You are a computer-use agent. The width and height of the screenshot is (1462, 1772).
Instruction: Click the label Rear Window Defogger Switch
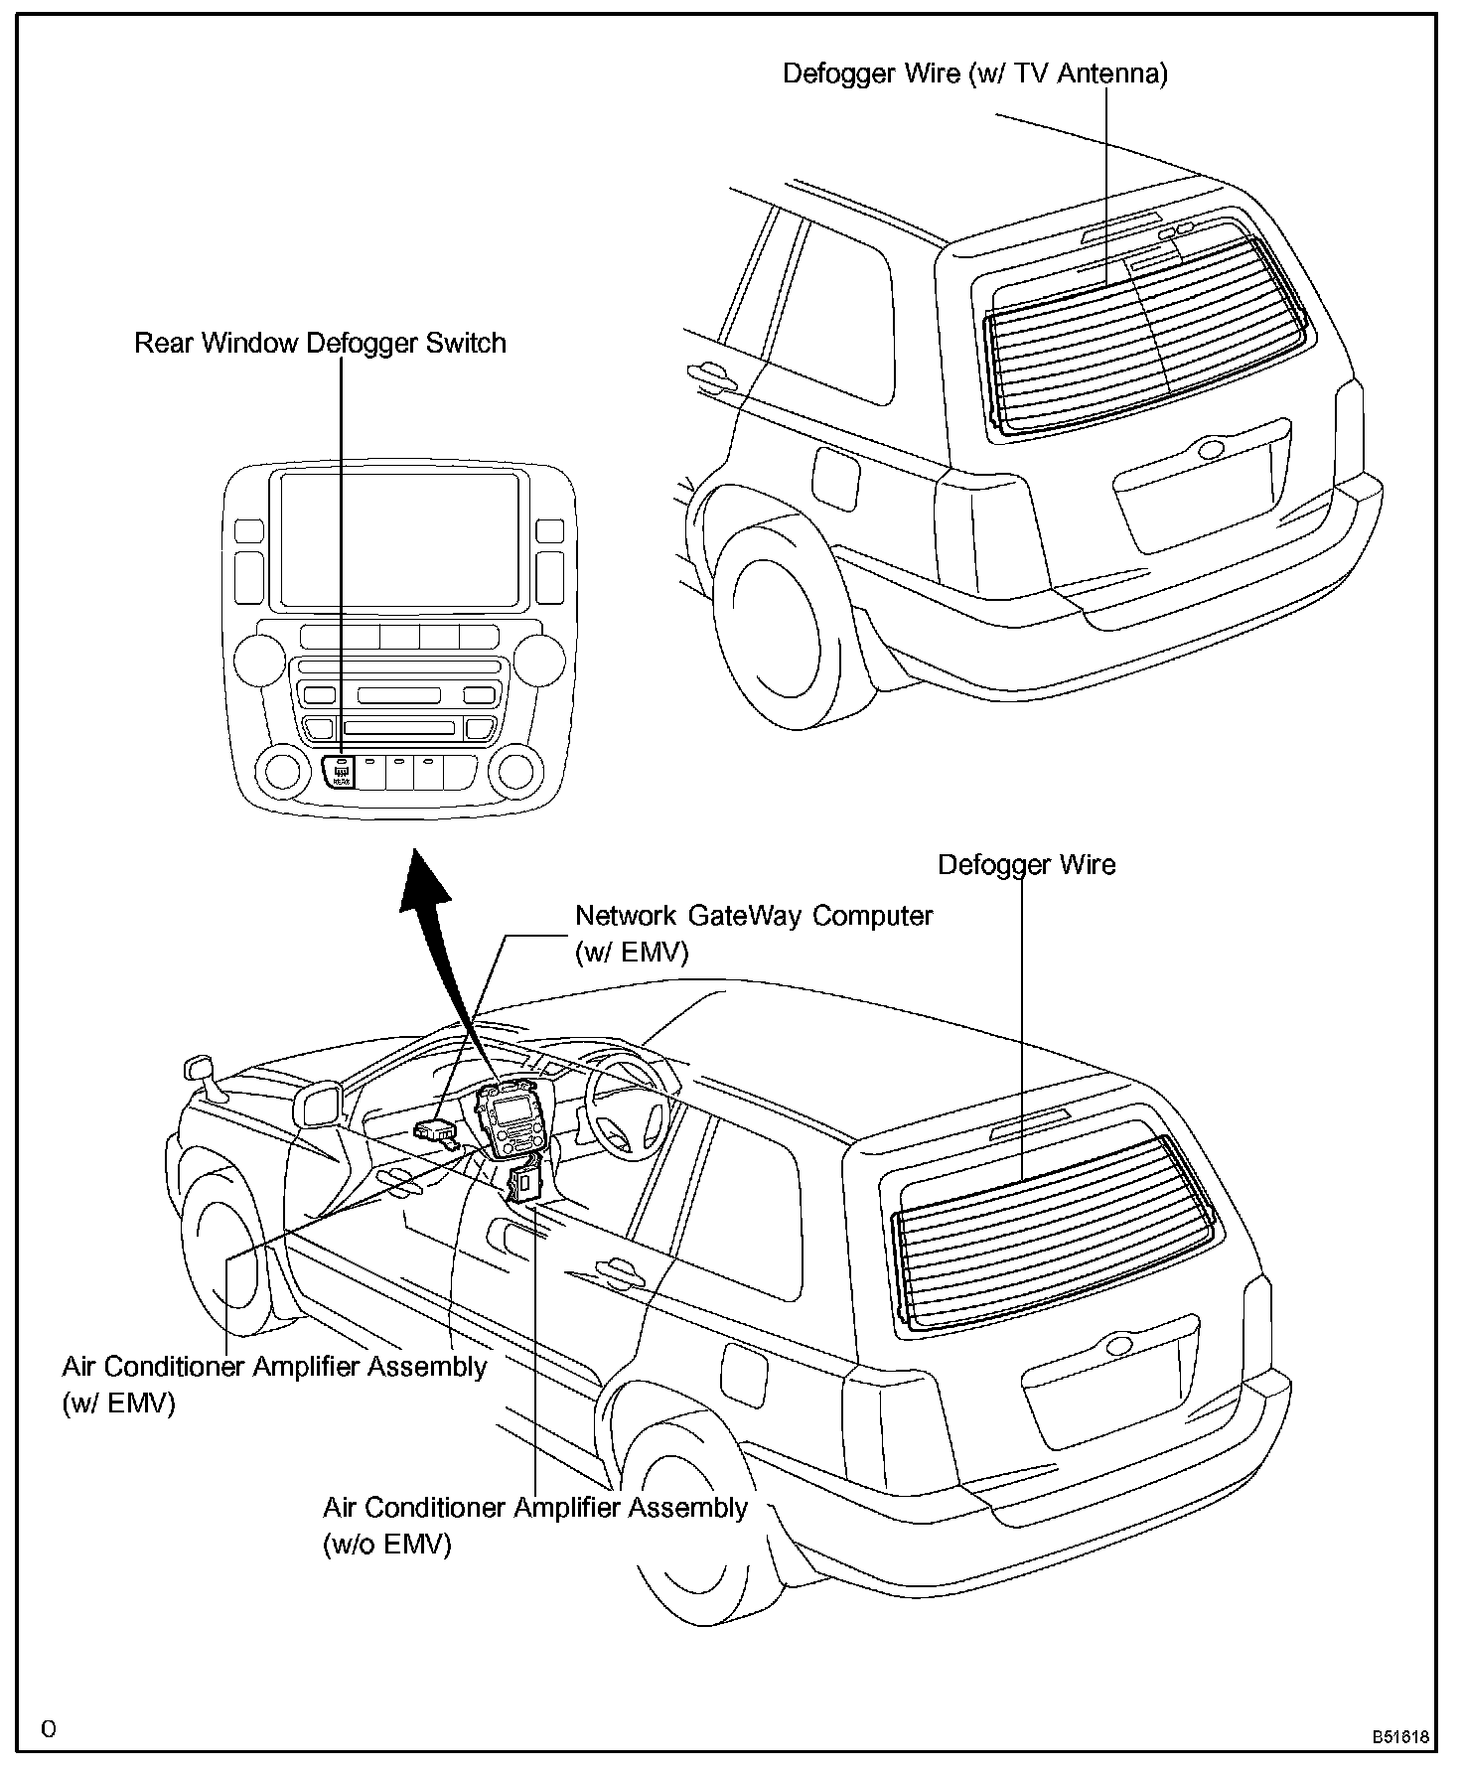pos(320,344)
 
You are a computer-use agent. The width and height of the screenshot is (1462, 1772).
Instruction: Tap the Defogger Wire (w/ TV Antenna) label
pos(974,74)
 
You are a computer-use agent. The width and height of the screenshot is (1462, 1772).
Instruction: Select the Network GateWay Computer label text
pos(754,916)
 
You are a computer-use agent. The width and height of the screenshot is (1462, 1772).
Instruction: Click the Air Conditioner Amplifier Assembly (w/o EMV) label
pos(534,1507)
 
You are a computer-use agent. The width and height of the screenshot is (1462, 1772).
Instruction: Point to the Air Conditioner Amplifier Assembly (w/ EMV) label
pos(274,1367)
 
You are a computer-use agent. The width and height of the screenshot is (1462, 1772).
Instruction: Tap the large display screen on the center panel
pos(399,540)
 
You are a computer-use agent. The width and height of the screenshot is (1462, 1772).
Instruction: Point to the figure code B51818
pos(1400,1737)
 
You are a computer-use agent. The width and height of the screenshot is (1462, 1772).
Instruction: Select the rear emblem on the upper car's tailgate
pos(1211,450)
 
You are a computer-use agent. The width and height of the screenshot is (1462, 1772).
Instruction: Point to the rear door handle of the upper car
pos(711,374)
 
